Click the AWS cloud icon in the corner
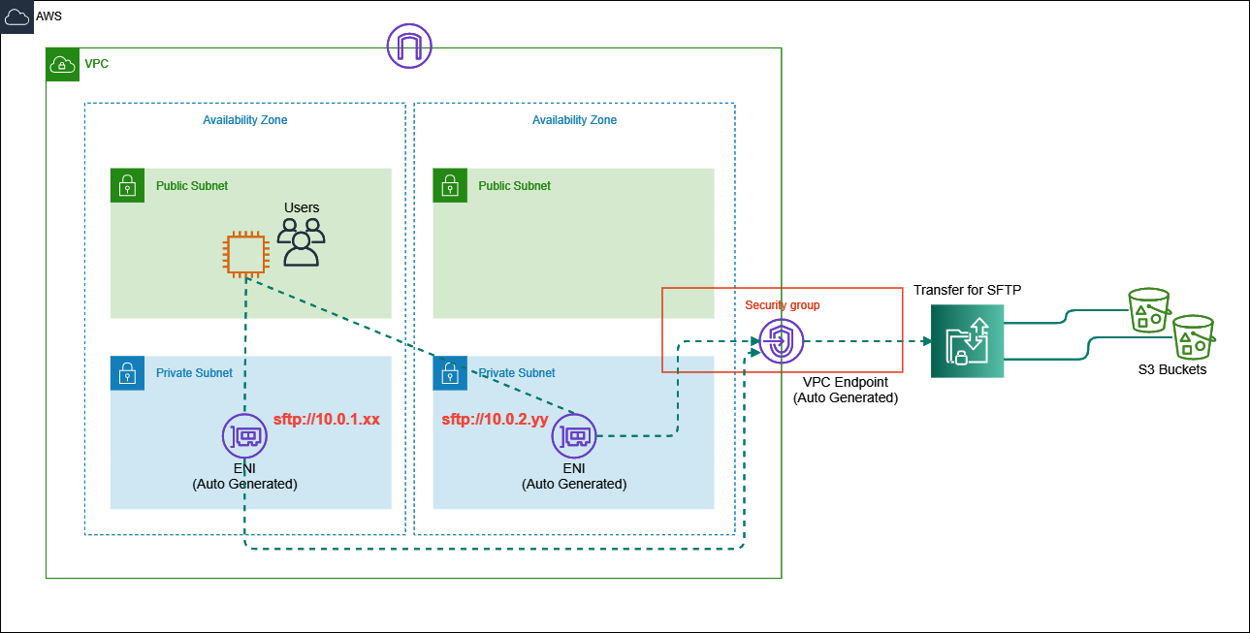(x=17, y=17)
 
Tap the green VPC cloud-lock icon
(x=62, y=64)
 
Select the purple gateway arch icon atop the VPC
(x=408, y=45)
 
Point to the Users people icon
(x=302, y=242)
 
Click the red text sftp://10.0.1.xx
(x=326, y=420)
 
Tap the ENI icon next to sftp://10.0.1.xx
(x=244, y=436)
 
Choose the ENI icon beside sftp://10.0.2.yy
(x=574, y=436)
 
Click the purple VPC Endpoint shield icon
(x=781, y=341)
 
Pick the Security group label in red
(x=782, y=305)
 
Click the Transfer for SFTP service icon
(x=967, y=341)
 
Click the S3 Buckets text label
(x=1171, y=369)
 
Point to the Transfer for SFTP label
(x=967, y=290)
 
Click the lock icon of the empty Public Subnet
(x=448, y=185)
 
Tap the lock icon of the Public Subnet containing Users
(x=126, y=185)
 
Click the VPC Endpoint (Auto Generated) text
(x=845, y=391)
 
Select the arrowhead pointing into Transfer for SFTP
(x=926, y=341)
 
